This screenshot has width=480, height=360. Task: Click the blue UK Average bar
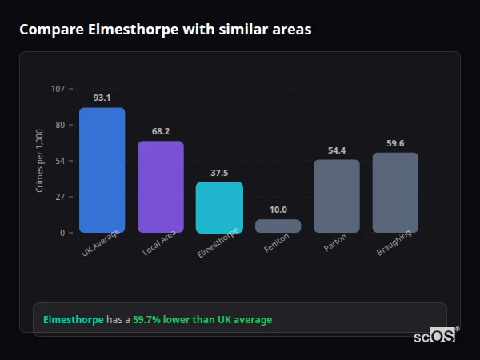(102, 170)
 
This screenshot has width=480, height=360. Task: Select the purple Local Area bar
(161, 187)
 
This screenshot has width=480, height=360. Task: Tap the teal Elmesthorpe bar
(219, 207)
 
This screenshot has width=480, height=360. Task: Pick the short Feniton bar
(278, 226)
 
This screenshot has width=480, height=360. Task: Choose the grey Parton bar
(337, 196)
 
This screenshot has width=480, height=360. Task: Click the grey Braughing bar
(395, 193)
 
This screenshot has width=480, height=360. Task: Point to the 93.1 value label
(102, 98)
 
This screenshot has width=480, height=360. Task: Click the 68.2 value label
(161, 131)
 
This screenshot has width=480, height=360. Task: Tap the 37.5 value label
(219, 172)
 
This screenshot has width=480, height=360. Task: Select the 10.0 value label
(278, 210)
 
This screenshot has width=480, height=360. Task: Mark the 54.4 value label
(337, 150)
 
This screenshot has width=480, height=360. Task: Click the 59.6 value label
(395, 143)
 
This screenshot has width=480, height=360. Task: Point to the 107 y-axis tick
(58, 88)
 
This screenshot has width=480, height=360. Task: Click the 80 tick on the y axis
(60, 125)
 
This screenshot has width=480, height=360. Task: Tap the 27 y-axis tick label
(60, 197)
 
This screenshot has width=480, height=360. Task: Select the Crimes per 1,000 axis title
(40, 161)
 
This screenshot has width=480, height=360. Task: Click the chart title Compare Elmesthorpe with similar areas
(166, 30)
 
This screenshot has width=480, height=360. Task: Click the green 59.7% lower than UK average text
(202, 320)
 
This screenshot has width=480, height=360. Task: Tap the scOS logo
(434, 336)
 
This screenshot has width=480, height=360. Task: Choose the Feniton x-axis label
(277, 243)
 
